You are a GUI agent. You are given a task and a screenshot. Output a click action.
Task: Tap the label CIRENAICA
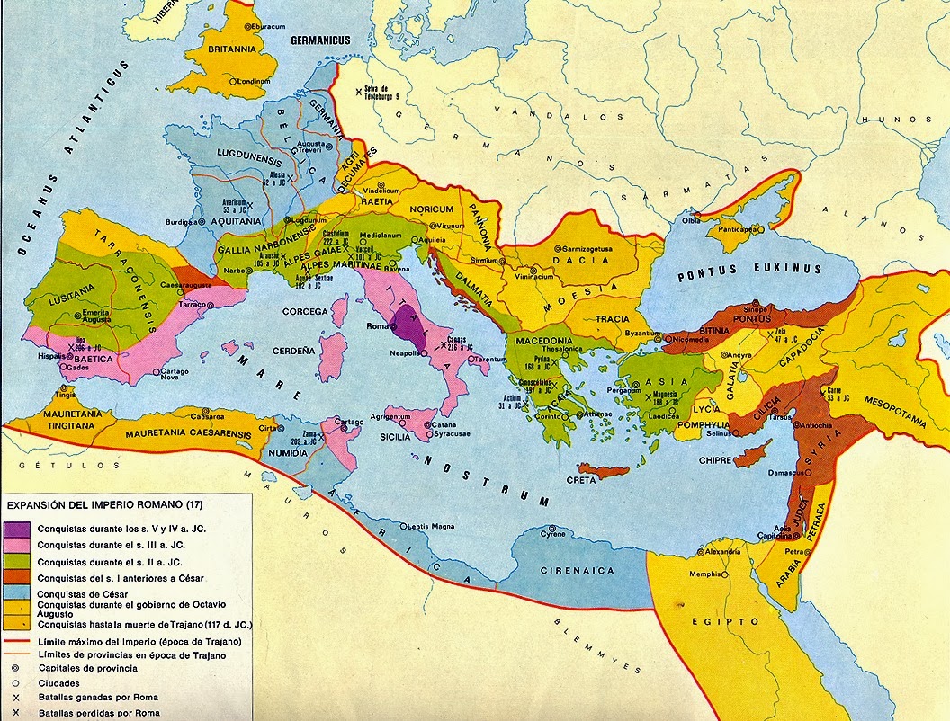(x=577, y=570)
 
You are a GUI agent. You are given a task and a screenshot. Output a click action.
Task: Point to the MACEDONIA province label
(x=542, y=341)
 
